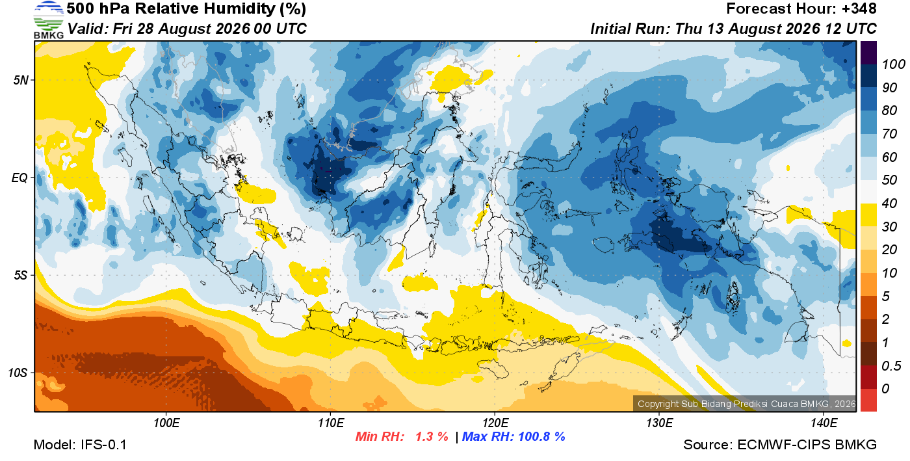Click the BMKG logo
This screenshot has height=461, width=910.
[x=48, y=20]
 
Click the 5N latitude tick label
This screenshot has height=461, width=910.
[x=21, y=80]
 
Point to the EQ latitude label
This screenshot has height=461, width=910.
[x=20, y=178]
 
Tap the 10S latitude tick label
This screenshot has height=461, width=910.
[x=17, y=373]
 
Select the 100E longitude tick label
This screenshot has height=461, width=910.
[x=166, y=423]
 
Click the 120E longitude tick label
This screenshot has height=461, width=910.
[x=495, y=423]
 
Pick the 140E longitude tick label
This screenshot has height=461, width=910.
[x=824, y=423]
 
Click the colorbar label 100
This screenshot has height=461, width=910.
[x=893, y=64]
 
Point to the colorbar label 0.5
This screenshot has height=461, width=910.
[x=891, y=366]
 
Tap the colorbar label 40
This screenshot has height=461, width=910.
[x=889, y=204]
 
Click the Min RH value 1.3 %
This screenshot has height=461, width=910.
[x=432, y=436]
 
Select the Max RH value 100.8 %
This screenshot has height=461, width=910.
[x=541, y=436]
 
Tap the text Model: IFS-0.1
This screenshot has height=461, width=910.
[x=80, y=445]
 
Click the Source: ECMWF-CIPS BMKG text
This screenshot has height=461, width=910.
[x=780, y=445]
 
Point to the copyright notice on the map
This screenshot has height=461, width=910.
[x=746, y=404]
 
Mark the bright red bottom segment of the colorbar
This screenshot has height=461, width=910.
[x=868, y=400]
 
